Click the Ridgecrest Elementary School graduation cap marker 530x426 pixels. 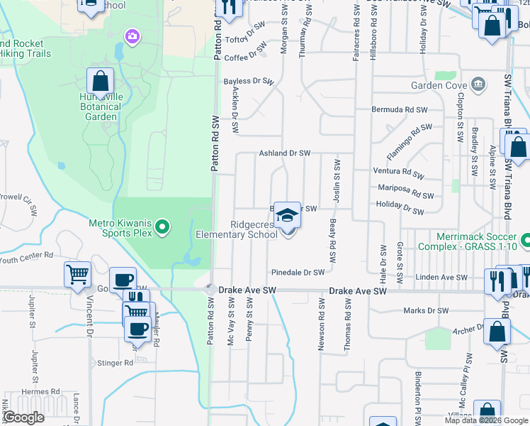287,215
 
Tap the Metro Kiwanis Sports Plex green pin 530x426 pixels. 162,227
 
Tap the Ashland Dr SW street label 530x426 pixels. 285,153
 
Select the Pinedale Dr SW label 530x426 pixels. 298,272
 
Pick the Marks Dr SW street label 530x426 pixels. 425,310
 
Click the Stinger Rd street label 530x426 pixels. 118,362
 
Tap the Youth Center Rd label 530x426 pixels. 26,257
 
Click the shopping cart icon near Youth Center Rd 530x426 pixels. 78,273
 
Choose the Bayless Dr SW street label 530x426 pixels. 248,82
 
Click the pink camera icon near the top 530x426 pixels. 131,35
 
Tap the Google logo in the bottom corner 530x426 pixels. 23,417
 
